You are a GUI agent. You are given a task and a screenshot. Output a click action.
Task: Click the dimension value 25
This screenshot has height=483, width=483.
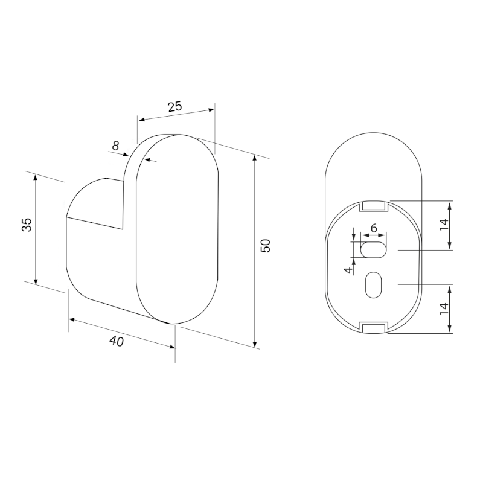(x=175, y=106)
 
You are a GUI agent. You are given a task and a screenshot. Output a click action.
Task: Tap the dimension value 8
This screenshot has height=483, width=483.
(x=115, y=146)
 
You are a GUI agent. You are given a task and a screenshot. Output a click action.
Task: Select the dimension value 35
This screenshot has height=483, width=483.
(x=27, y=225)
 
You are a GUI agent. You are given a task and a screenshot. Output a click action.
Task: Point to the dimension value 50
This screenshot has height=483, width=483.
(x=265, y=246)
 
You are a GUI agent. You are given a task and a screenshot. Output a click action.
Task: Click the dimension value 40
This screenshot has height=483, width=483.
(x=117, y=341)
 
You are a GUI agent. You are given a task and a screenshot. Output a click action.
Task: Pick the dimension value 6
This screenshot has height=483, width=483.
(x=374, y=228)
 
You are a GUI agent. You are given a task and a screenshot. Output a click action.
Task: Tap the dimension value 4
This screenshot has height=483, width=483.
(x=348, y=270)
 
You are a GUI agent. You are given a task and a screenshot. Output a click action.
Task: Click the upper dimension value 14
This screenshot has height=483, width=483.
(x=444, y=225)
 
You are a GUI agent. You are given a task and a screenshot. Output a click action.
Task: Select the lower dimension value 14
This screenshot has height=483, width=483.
(x=444, y=309)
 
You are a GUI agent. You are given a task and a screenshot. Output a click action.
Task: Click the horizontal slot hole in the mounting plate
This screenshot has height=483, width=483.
(x=373, y=250)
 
